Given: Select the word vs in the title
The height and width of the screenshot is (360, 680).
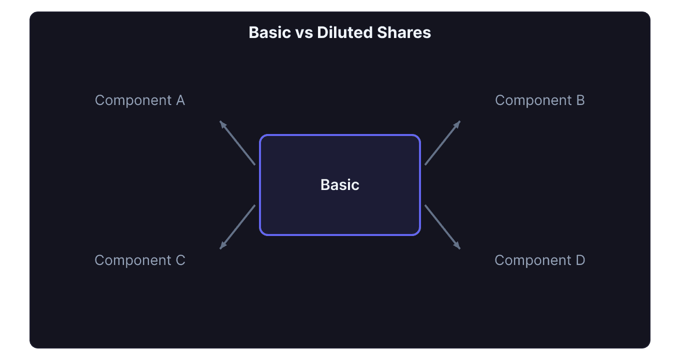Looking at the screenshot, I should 303,32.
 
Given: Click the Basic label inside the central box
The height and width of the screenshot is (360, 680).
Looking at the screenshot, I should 340,185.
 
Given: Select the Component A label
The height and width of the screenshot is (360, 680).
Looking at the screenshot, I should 140,100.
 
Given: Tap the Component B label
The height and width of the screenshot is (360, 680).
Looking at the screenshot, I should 540,100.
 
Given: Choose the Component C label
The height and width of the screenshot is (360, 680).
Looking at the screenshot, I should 140,260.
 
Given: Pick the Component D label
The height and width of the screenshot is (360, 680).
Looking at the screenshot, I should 540,260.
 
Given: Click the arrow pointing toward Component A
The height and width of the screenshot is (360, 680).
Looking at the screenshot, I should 238,143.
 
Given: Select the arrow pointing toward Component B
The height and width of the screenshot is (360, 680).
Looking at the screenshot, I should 442,143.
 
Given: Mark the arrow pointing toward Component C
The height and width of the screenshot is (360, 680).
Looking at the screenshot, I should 238,227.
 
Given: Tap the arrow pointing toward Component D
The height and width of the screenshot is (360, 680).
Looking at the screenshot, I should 442,227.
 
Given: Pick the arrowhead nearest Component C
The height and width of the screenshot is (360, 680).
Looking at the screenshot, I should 222,246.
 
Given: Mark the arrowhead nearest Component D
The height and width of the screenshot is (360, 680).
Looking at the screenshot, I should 458,246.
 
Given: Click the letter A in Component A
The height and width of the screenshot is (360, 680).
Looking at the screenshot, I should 180,100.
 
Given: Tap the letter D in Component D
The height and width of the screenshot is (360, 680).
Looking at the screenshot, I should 580,260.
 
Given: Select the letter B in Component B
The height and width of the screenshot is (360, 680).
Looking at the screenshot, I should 580,100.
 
